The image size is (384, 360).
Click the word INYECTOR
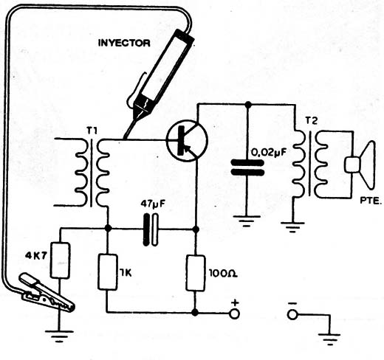(x=124, y=43)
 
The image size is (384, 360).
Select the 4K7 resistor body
(x=60, y=260)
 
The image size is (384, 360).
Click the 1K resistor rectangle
(x=108, y=272)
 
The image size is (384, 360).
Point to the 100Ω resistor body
(x=196, y=273)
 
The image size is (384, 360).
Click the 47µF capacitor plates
(x=151, y=229)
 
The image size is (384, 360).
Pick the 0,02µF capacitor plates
(x=247, y=167)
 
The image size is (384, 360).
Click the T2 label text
(x=312, y=121)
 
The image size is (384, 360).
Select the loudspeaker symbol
(x=360, y=165)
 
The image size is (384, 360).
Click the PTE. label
(x=371, y=201)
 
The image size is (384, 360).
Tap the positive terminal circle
(x=235, y=314)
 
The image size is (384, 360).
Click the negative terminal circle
(x=292, y=314)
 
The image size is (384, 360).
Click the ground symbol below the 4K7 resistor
(x=59, y=336)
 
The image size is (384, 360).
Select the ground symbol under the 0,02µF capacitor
(x=247, y=221)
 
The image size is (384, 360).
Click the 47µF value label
(x=153, y=204)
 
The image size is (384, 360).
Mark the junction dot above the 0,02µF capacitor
(x=248, y=105)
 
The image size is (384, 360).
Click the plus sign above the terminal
(x=236, y=302)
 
